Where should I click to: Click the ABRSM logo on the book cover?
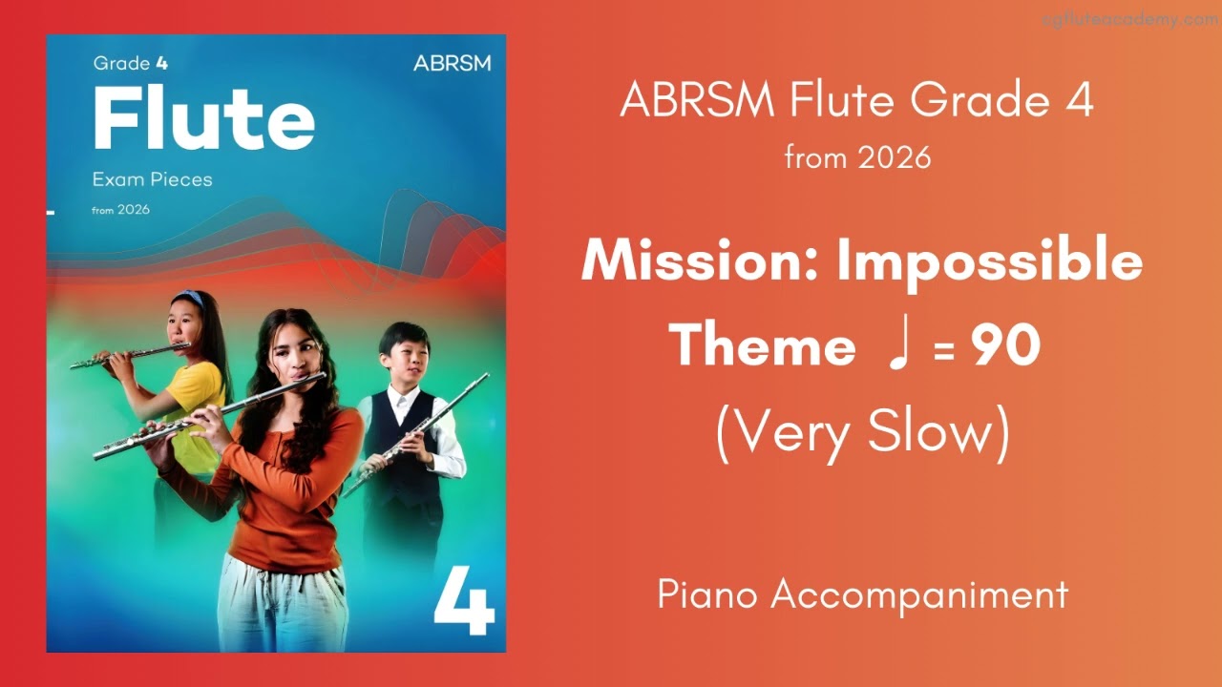pos(452,64)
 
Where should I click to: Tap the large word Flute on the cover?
pos(203,118)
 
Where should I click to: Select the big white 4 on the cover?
pos(464,598)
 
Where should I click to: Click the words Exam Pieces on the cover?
pos(152,179)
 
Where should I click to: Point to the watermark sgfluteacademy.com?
pos(1130,19)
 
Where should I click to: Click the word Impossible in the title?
pos(989,260)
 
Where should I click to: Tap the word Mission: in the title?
pos(701,260)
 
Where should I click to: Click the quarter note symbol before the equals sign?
pos(895,346)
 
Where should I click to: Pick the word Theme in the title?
pos(761,346)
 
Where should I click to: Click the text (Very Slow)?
pos(862,434)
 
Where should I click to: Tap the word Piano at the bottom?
pos(707,594)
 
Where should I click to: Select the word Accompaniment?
pos(919,594)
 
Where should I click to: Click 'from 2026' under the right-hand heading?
pos(857,157)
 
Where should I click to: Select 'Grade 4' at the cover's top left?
pos(121,64)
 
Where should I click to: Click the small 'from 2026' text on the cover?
pos(120,210)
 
